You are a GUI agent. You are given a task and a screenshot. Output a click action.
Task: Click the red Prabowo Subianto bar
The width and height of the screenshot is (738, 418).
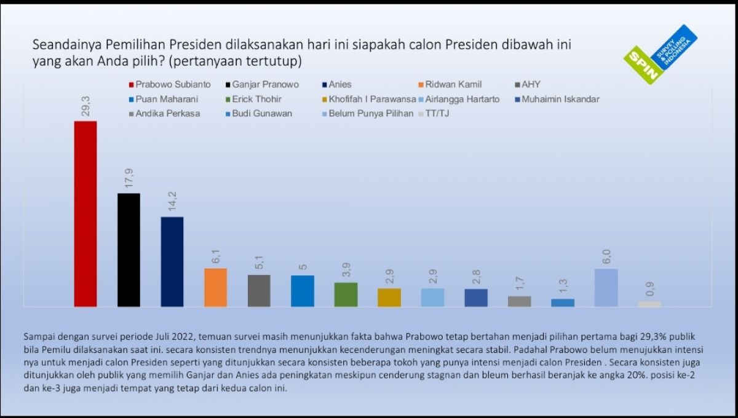point(85,213)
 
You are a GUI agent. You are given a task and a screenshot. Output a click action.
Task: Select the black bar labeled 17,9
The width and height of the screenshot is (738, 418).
point(129,250)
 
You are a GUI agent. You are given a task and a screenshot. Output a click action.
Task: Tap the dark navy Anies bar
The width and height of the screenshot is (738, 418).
point(172,261)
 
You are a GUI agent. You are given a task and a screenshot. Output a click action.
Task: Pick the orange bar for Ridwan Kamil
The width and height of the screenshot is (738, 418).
point(215,287)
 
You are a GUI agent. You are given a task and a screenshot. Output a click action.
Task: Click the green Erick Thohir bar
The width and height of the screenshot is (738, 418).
point(346,294)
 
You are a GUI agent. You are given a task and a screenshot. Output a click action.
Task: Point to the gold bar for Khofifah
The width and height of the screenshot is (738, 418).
point(389,297)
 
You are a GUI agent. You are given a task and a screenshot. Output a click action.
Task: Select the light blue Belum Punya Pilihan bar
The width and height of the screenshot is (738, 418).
point(606,287)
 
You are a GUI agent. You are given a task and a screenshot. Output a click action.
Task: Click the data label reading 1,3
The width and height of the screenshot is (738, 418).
point(563,286)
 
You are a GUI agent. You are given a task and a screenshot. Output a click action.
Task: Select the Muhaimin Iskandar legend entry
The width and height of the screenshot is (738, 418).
point(555,99)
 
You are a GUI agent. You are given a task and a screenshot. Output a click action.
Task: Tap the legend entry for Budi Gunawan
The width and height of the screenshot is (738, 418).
point(258,114)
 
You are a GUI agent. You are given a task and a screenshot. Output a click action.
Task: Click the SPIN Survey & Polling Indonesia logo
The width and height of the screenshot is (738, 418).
point(659,55)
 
